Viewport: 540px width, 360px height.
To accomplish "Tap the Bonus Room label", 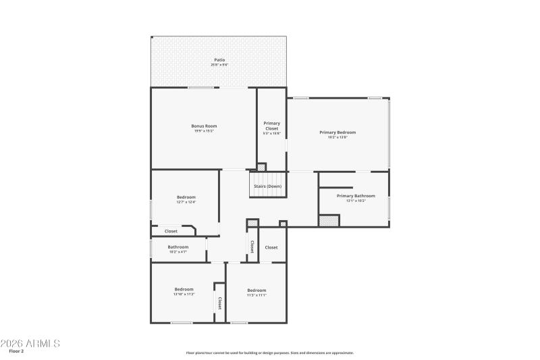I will [x=204, y=126].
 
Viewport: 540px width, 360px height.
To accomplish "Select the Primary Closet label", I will [x=271, y=126].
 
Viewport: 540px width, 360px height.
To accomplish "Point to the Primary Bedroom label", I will [x=337, y=132].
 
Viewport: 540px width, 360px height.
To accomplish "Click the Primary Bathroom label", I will [x=356, y=196].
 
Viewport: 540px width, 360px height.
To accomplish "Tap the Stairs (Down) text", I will [x=267, y=186].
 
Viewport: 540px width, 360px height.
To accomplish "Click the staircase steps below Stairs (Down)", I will [x=268, y=194].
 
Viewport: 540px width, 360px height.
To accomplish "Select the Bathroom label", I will [x=178, y=247].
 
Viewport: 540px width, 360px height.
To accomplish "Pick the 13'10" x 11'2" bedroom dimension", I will [x=184, y=294].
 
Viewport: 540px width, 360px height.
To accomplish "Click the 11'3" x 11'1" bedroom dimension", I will [x=256, y=294].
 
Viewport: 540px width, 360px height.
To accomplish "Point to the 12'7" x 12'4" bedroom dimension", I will [x=186, y=202].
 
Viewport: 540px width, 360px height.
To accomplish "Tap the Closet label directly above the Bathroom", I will [x=171, y=231].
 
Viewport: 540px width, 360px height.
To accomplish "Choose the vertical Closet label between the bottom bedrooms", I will [x=219, y=303].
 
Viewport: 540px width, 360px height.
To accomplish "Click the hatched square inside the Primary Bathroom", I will [x=329, y=220].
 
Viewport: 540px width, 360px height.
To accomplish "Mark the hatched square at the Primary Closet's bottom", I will [x=261, y=166].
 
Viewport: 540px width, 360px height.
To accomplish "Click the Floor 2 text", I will [x=16, y=351].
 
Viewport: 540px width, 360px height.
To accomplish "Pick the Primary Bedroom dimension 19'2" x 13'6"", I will [x=337, y=137].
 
